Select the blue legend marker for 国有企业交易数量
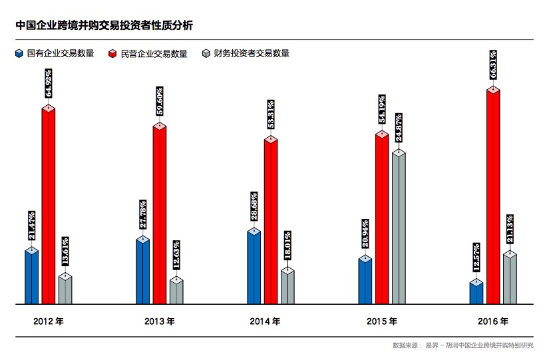19,53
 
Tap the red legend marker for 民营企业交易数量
113,53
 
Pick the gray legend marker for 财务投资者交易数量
206,53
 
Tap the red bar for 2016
493,196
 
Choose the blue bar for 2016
476,293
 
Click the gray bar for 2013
176,291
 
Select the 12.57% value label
476,260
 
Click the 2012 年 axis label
49,321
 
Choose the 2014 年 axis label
266,321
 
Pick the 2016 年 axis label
493,321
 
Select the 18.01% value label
287,248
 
